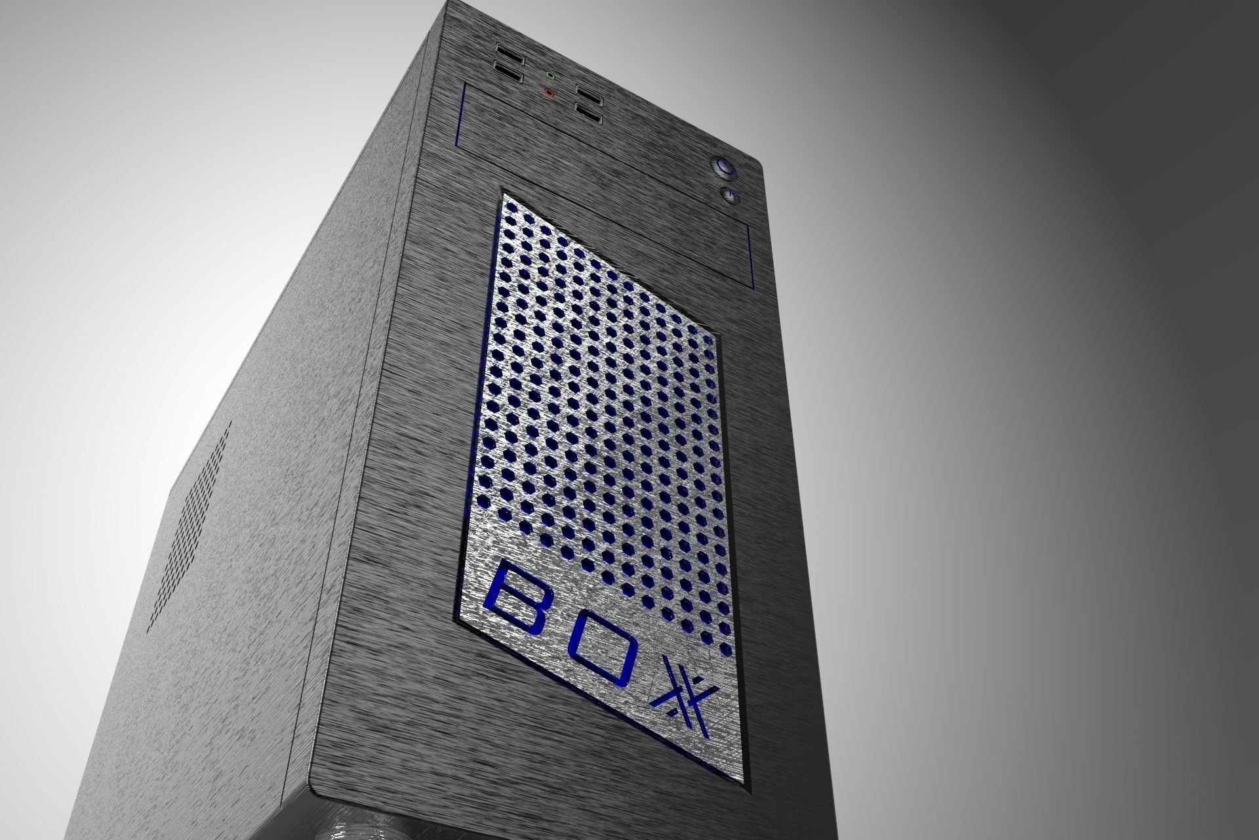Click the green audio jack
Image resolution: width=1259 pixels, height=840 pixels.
550,75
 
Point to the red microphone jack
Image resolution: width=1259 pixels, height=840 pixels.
549,93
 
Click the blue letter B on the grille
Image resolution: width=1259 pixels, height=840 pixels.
517,593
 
